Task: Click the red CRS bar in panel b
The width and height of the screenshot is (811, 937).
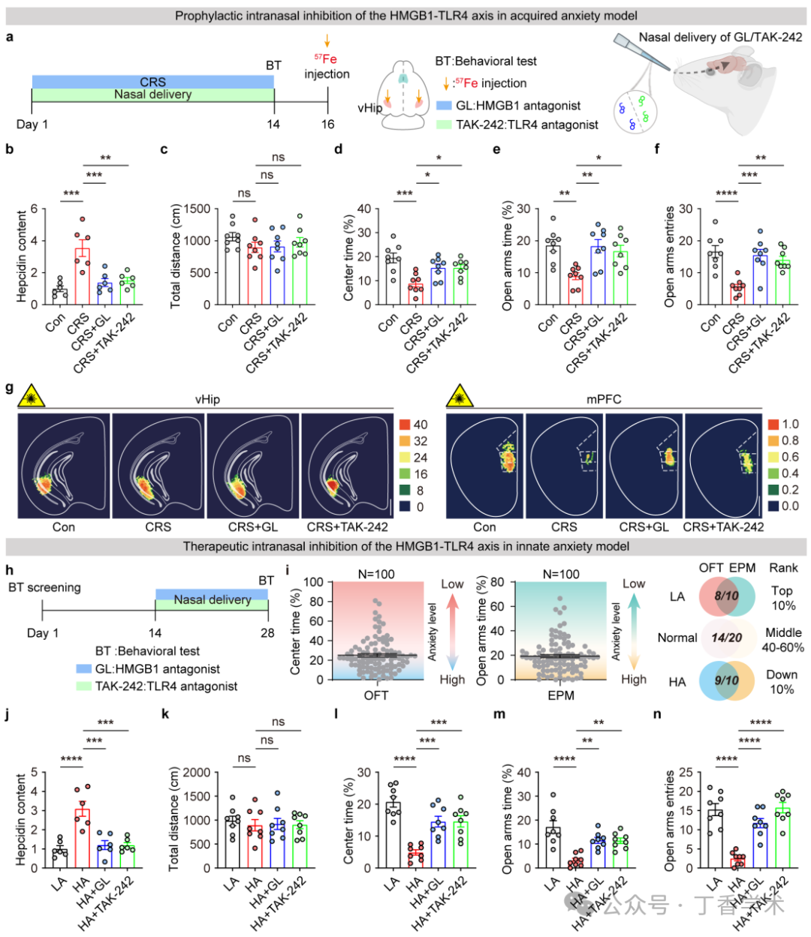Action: click(x=82, y=276)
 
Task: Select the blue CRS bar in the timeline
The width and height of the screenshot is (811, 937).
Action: click(x=153, y=82)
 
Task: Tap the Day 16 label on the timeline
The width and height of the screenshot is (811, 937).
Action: click(x=327, y=125)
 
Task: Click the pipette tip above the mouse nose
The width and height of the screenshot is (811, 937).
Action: click(x=668, y=68)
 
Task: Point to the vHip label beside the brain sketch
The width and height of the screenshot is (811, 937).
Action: click(x=370, y=108)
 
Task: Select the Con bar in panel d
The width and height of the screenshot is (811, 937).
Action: click(x=393, y=280)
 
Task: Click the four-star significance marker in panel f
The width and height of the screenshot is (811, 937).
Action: click(x=727, y=194)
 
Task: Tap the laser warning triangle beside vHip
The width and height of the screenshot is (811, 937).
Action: click(x=31, y=396)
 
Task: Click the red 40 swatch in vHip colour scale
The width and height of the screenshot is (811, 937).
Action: click(x=404, y=425)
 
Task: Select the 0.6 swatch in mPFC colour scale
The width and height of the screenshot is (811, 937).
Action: click(x=773, y=457)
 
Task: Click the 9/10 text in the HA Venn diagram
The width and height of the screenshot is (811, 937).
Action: click(x=727, y=680)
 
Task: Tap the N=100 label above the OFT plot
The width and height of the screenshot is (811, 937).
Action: click(x=376, y=574)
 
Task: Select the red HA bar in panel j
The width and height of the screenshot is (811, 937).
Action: click(x=82, y=838)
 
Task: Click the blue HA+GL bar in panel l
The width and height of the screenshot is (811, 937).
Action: click(x=438, y=845)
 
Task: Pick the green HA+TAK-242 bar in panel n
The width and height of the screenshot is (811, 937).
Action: click(x=783, y=838)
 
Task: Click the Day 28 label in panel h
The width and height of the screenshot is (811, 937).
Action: click(x=267, y=633)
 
